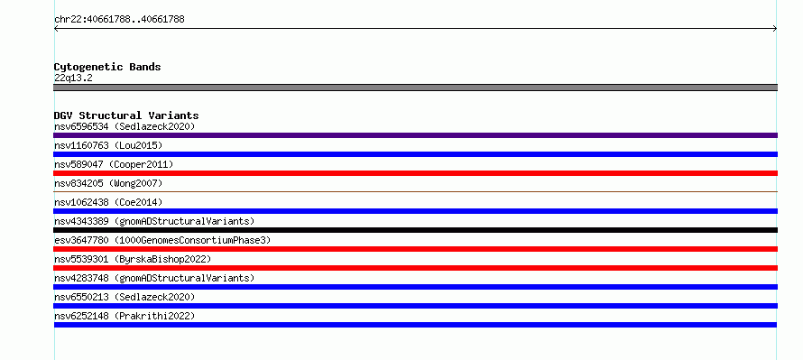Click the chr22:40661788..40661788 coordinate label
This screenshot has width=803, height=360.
click(119, 20)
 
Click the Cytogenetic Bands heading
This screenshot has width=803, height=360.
click(107, 67)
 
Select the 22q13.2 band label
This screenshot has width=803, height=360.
click(73, 78)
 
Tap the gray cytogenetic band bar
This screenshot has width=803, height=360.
click(415, 88)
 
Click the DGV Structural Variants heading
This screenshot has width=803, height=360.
click(126, 115)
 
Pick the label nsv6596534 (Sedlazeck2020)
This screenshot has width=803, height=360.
click(125, 126)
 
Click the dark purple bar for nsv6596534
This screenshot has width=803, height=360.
click(415, 135)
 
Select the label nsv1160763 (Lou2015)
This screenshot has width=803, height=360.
click(108, 145)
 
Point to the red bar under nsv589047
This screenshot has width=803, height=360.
click(415, 173)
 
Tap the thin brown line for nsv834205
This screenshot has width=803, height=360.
click(415, 191)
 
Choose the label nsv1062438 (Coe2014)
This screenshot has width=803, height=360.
click(108, 202)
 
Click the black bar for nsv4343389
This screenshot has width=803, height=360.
click(415, 230)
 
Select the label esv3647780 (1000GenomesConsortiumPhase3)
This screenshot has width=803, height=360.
click(162, 240)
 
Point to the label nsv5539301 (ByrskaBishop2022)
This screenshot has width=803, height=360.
click(133, 259)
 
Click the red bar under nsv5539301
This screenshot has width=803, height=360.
click(415, 268)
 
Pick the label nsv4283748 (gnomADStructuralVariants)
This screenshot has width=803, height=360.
click(154, 278)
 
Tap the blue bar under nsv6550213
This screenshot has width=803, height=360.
click(415, 306)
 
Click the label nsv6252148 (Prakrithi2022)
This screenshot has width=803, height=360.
click(125, 316)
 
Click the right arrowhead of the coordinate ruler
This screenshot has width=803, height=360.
click(775, 29)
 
